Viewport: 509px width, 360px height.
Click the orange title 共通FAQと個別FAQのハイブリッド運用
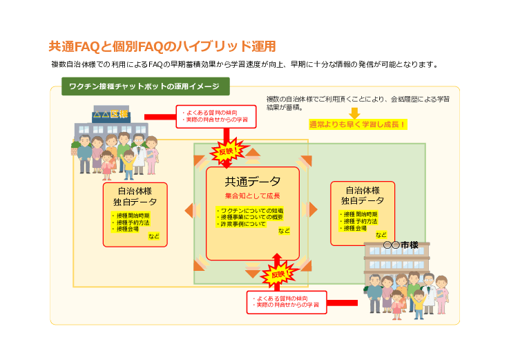pyautogui.click(x=162, y=46)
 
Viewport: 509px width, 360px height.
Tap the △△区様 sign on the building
pyautogui.click(x=111, y=114)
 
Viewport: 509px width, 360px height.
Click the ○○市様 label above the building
pyautogui.click(x=401, y=245)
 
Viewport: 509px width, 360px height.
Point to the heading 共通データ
pyautogui.click(x=253, y=182)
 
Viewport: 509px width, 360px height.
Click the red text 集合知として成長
pyautogui.click(x=253, y=196)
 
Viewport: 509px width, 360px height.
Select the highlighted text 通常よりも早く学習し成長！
pyautogui.click(x=358, y=125)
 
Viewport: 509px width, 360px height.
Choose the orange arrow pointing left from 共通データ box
pyautogui.click(x=189, y=210)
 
